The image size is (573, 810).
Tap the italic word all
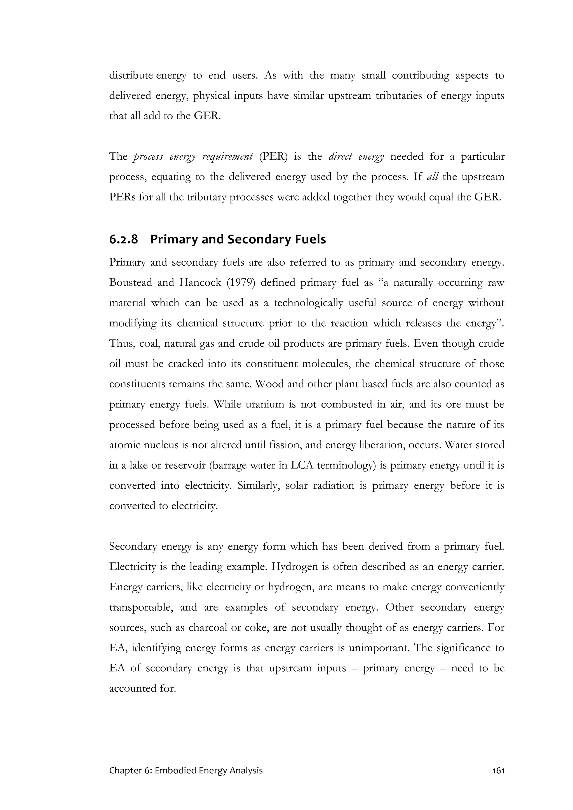coord(432,177)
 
